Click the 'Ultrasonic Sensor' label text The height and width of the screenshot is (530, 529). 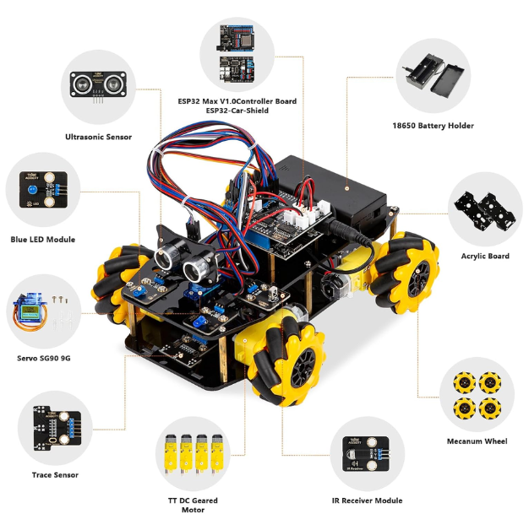98,137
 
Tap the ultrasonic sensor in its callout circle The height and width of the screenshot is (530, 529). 99,85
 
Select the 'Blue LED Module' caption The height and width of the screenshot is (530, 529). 42,240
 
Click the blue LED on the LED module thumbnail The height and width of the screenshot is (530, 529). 32,189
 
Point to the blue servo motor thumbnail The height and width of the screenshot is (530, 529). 30,311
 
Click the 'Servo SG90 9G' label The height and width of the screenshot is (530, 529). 44,358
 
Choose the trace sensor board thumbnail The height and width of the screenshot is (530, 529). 57,428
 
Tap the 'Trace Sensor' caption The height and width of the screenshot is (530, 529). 55,475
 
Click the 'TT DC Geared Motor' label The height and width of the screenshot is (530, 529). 193,505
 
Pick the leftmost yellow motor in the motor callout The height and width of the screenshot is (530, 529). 170,455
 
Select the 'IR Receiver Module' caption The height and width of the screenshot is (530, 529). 368,500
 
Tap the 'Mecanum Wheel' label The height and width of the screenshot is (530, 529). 477,441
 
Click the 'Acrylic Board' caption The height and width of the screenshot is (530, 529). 485,256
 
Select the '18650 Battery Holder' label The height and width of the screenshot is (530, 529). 433,126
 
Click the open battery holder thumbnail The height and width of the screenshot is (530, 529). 433,75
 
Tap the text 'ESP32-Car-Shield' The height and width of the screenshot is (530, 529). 237,111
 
